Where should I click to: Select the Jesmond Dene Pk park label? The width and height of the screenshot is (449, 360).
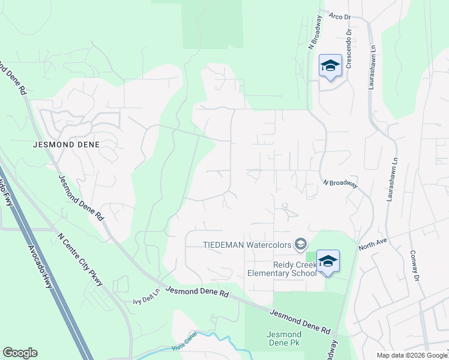(284, 339)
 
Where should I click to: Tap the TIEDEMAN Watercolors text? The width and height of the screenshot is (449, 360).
(247, 244)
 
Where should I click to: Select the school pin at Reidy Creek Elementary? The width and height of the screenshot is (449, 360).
(328, 262)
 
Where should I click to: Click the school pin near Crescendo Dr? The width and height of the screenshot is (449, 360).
(330, 65)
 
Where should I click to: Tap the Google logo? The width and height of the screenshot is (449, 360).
(20, 353)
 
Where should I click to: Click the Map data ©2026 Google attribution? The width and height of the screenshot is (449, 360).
(411, 355)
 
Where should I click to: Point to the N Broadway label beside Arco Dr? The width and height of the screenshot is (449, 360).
(315, 33)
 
